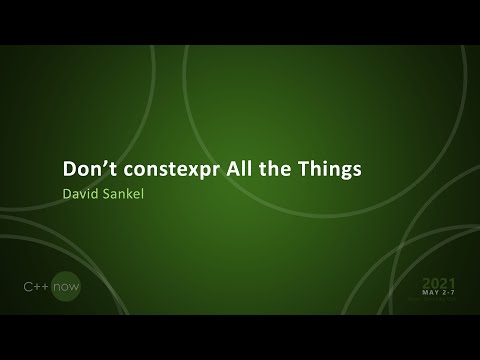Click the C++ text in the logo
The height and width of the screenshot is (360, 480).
[37, 287]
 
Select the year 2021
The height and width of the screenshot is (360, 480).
[440, 283]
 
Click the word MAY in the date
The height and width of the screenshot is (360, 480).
[432, 294]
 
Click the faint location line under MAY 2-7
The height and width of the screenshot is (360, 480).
[440, 301]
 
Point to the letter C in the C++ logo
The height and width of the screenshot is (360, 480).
[28, 287]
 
